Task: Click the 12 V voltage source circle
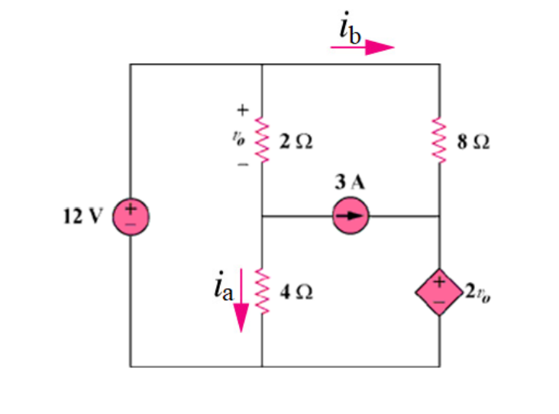click(x=131, y=216)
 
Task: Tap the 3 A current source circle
click(x=351, y=216)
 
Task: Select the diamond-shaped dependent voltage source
click(x=439, y=292)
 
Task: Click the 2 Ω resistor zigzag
click(x=262, y=140)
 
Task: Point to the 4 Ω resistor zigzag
click(x=262, y=291)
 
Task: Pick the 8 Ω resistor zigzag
click(x=439, y=140)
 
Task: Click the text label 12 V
click(x=81, y=216)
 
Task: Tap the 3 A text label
click(x=349, y=183)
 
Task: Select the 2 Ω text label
click(x=296, y=141)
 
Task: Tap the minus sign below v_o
click(x=242, y=164)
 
